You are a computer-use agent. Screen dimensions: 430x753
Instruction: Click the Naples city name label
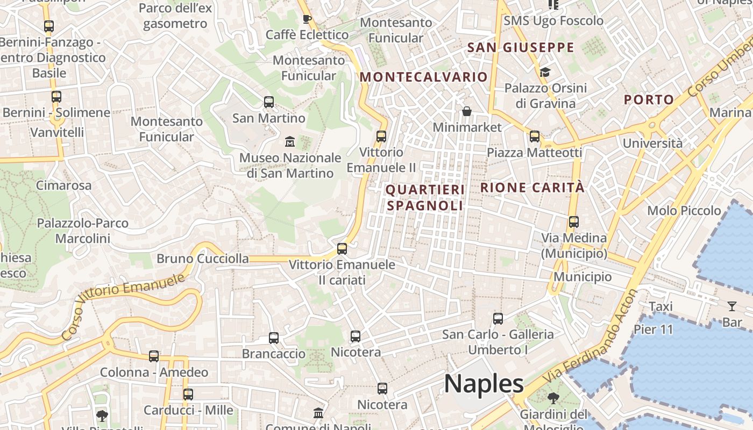coord(484,384)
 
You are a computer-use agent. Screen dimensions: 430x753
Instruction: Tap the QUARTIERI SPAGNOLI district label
coord(425,197)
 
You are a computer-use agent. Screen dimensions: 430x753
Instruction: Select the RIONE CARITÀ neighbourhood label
coord(532,188)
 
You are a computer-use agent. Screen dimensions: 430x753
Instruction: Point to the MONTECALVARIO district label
coord(423,77)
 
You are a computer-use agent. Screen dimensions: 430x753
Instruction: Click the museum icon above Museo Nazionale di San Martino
coord(290,142)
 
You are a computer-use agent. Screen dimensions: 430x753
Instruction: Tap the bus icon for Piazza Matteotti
coord(534,137)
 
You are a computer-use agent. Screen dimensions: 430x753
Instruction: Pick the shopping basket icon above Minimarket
coord(466,112)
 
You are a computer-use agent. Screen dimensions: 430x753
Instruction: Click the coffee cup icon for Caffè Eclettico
coord(307,19)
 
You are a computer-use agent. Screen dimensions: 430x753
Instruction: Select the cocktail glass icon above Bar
coord(731,306)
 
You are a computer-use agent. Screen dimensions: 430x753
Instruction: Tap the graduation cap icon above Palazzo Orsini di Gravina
coord(545,72)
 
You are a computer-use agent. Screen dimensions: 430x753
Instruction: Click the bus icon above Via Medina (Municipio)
coord(573,221)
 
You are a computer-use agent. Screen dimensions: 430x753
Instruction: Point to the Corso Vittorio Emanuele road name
coord(123,305)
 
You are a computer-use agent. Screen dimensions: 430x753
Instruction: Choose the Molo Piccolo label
coord(684,210)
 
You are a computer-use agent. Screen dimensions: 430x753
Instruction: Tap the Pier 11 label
coord(653,329)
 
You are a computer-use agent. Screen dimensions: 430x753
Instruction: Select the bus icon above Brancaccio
coord(274,338)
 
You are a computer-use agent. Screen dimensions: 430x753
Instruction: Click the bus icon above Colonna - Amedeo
coord(154,356)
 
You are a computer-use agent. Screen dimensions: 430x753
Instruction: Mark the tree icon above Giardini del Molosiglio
coord(553,398)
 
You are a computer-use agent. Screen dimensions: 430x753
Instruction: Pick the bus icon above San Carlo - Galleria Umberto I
coord(498,319)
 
